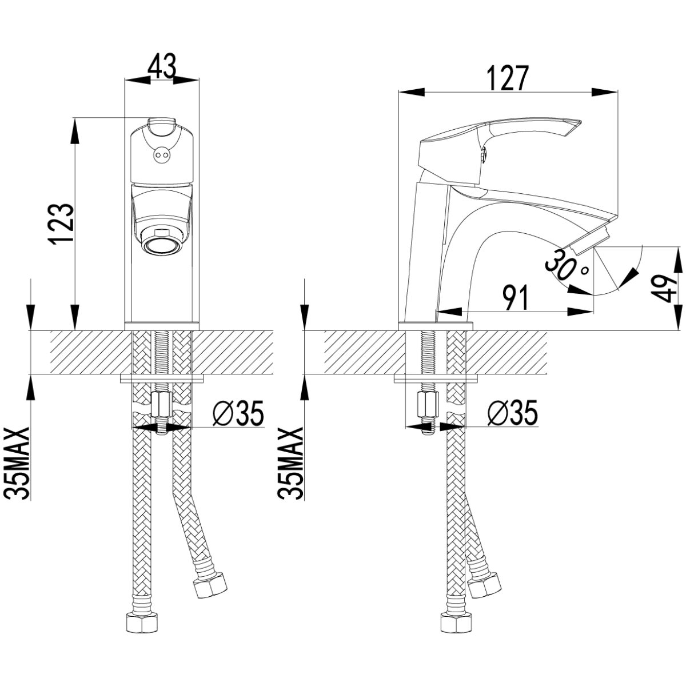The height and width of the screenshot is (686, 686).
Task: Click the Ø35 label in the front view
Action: (238, 414)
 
